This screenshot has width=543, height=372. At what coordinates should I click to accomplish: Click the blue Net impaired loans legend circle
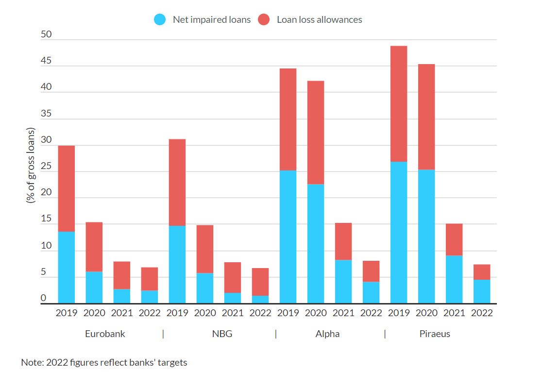pos(160,20)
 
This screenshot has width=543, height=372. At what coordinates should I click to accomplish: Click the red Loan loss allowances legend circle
pos(264,20)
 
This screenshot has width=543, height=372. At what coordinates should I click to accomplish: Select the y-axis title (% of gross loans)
pos(31,165)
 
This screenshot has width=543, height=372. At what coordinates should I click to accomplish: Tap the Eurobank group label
pos(105,334)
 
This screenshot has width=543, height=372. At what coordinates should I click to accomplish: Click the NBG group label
pos(222,334)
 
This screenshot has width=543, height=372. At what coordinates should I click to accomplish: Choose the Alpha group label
pos(327,334)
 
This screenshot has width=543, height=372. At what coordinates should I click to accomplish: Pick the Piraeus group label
pos(435,334)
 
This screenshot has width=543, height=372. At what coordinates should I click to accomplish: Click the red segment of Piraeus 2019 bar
pos(399,104)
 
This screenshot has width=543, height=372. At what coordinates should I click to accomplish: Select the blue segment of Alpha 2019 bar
pos(288,237)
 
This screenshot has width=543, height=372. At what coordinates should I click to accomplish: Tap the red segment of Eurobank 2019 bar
pos(67,188)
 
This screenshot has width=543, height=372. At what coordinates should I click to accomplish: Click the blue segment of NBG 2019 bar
pos(177,265)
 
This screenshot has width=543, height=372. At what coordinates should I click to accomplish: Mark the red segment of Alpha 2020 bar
pos(316,132)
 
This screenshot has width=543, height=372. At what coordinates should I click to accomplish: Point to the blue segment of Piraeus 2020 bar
pos(426,237)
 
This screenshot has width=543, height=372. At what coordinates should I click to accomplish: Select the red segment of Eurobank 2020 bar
pos(94,247)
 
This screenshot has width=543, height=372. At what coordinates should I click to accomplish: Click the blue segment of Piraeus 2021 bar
pos(454,279)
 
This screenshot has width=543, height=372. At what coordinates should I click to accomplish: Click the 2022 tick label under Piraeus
pos(482,313)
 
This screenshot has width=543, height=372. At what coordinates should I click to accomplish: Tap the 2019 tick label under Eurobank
pos(67,313)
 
